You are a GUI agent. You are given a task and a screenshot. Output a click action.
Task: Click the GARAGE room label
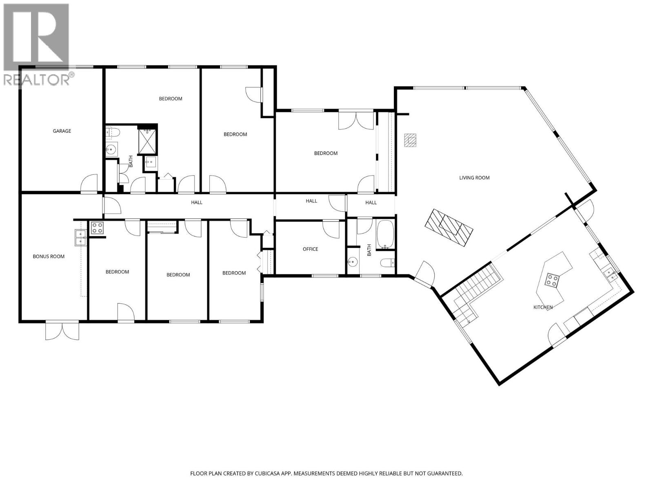click(x=62, y=131)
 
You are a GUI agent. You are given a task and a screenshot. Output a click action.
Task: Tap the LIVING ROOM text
click(x=474, y=178)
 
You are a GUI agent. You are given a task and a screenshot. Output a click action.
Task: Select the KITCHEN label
click(x=543, y=307)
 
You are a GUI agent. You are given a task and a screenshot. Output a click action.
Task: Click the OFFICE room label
click(x=310, y=249)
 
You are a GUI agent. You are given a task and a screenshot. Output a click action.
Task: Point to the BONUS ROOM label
click(x=49, y=256)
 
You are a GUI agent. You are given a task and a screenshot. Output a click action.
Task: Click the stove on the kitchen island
click(x=552, y=280)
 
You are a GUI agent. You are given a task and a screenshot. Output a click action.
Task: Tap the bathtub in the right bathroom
click(x=385, y=234)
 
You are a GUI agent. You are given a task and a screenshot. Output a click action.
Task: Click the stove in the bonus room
click(x=97, y=228)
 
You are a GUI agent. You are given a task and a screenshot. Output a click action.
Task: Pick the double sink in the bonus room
click(x=80, y=238)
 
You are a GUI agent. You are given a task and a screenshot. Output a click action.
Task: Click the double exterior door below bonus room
click(x=62, y=330)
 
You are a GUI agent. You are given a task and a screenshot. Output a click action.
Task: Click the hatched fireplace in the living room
click(x=449, y=228)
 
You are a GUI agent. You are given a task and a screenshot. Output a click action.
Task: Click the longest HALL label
click(x=197, y=203)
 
